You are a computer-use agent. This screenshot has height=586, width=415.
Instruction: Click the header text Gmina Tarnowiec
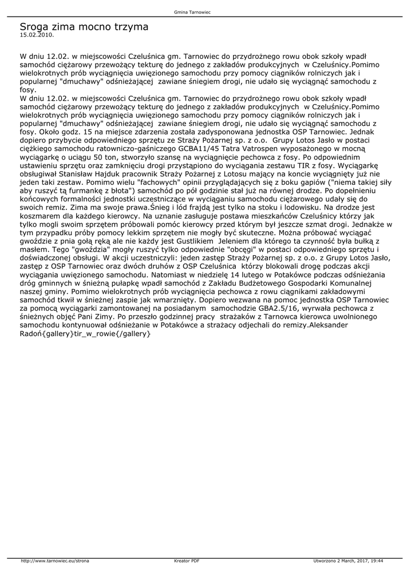coord(207,12)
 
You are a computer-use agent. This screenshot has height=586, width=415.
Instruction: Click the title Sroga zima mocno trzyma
coord(84,26)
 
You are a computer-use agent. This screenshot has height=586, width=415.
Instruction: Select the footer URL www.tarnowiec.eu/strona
coord(54,561)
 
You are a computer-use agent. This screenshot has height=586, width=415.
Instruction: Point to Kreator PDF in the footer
coord(187,561)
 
